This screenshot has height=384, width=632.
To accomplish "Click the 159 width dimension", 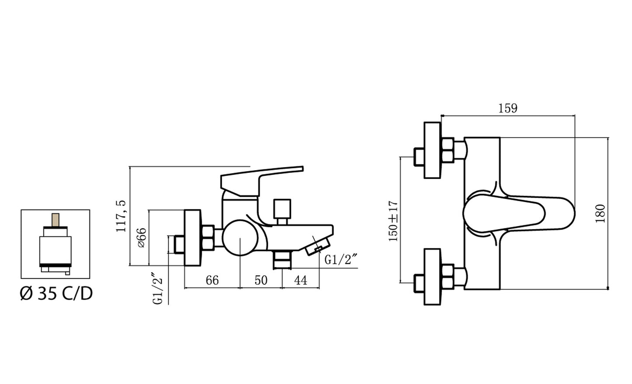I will click(x=508, y=108).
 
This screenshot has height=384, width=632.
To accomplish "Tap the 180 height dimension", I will click(x=601, y=213).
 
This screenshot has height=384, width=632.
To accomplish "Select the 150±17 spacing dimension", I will click(x=393, y=221).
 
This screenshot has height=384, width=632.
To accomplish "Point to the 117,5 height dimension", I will click(x=121, y=216).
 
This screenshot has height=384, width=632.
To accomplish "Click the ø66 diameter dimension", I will click(x=142, y=238).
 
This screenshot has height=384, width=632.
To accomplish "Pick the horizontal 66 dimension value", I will click(x=212, y=280).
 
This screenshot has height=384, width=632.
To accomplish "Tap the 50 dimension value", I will click(x=261, y=280).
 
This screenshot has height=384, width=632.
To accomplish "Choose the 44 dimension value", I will click(x=300, y=280).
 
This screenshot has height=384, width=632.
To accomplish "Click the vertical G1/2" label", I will click(x=158, y=289).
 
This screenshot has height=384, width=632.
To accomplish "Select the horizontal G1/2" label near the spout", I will click(x=341, y=260).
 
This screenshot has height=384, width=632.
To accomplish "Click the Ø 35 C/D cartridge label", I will click(x=56, y=293).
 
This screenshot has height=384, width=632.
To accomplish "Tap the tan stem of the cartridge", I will click(x=56, y=220).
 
